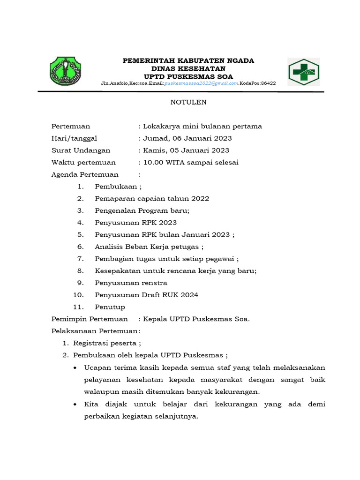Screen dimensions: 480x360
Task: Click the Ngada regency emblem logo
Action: pyautogui.click(x=66, y=72)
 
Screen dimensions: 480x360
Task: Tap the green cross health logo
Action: pyautogui.click(x=304, y=72)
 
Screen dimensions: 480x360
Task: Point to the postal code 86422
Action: pyautogui.click(x=268, y=83)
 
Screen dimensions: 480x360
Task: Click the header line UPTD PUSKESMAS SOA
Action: pyautogui.click(x=188, y=76)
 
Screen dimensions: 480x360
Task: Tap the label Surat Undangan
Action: pyautogui.click(x=81, y=150)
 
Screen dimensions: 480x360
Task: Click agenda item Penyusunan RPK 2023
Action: pyautogui.click(x=135, y=223)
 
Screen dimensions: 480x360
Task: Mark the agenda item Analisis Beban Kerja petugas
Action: pyautogui.click(x=149, y=247)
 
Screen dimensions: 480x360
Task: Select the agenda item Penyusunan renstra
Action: pyautogui.click(x=131, y=283)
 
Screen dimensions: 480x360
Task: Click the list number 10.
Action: pyautogui.click(x=78, y=295)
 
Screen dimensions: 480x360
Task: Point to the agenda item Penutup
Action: pyautogui.click(x=110, y=307)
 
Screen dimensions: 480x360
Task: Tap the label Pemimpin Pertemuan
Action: pyautogui.click(x=90, y=319)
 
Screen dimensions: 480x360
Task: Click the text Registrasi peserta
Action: pyautogui.click(x=107, y=343)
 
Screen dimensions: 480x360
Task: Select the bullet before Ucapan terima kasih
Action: pyautogui.click(x=76, y=367)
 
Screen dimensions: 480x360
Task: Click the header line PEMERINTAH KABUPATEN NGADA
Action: pyautogui.click(x=188, y=61)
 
